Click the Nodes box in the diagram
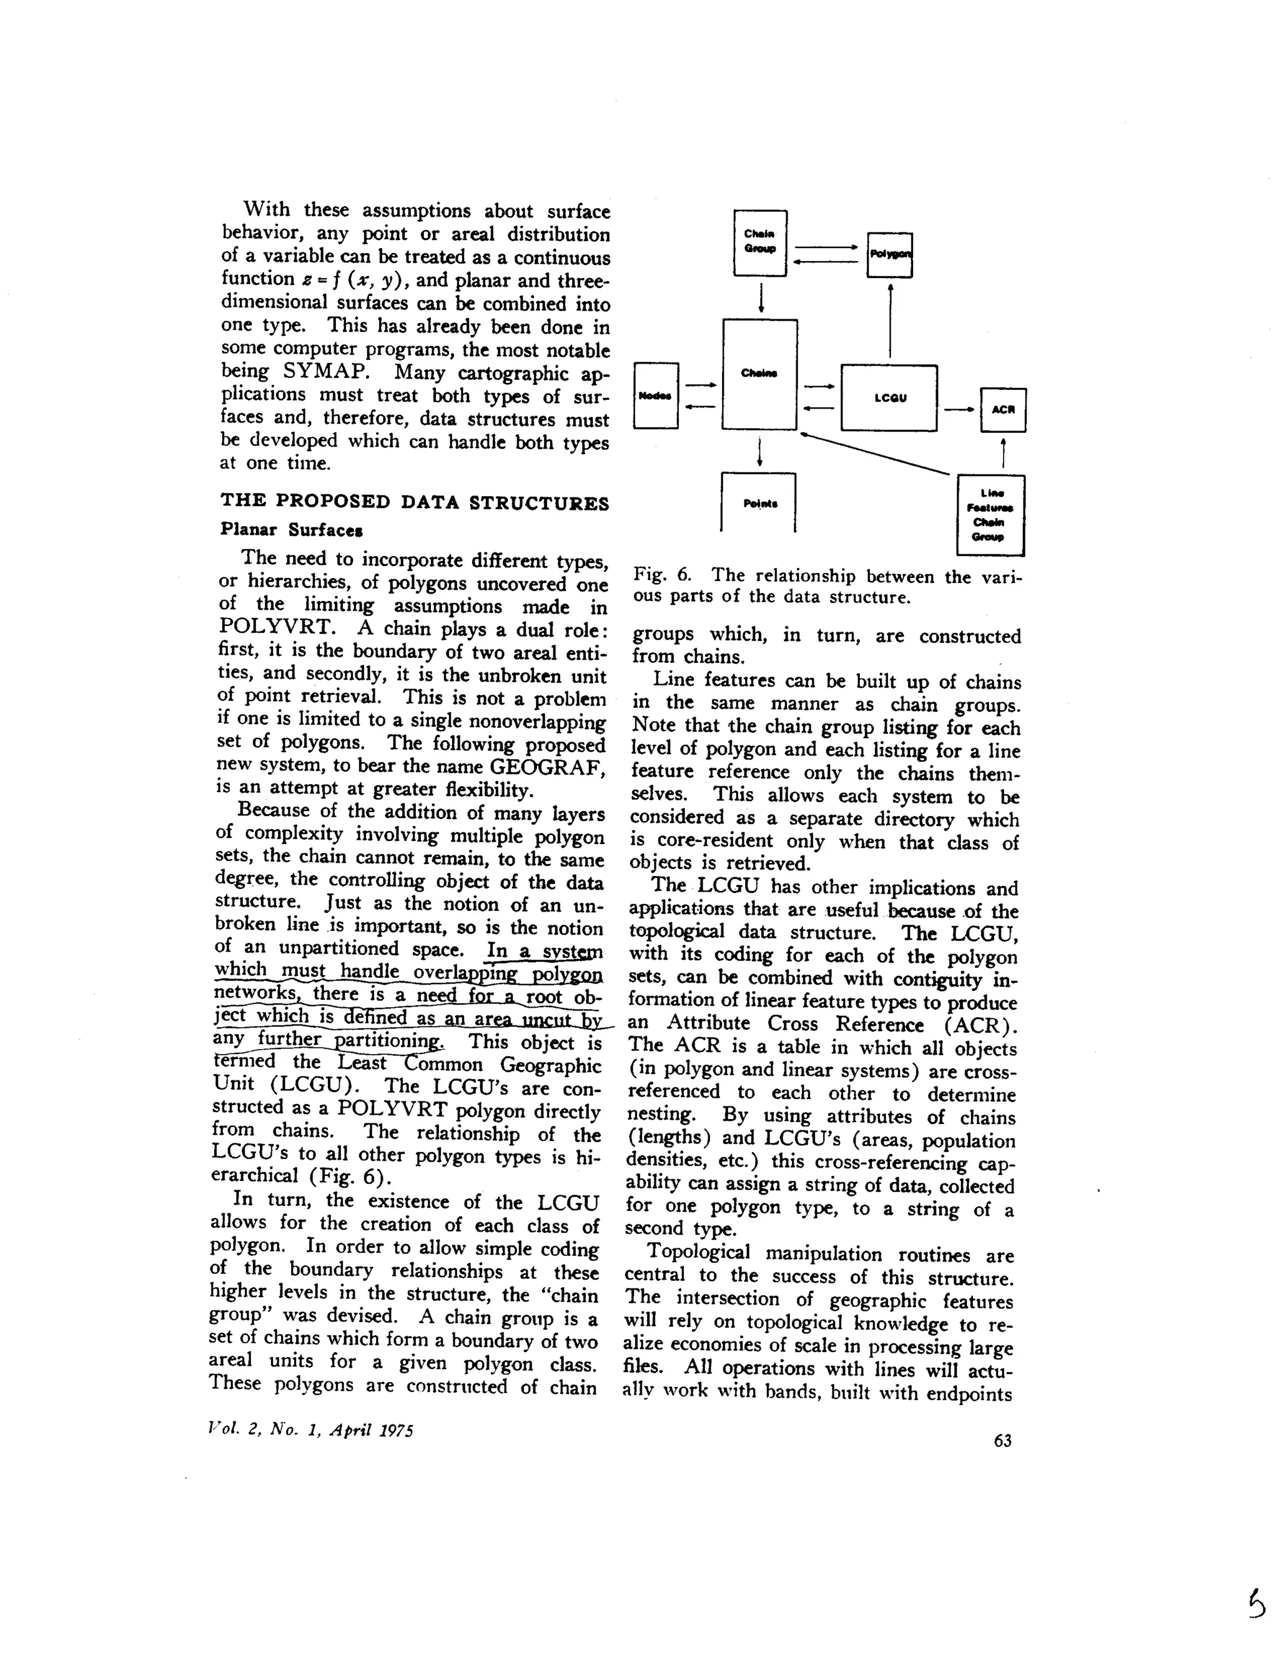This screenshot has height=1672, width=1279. pos(656,396)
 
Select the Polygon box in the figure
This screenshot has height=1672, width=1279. pos(889,254)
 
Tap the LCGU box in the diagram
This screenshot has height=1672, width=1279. pos(889,397)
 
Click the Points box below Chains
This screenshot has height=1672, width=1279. pos(758,503)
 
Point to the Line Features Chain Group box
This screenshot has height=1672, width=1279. pos(990,515)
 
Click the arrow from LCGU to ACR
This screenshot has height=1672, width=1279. pos(959,410)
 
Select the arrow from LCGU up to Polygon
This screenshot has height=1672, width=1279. pos(890,320)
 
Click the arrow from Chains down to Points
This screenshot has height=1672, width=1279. pos(760,452)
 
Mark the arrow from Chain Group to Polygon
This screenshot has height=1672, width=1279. pos(826,247)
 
